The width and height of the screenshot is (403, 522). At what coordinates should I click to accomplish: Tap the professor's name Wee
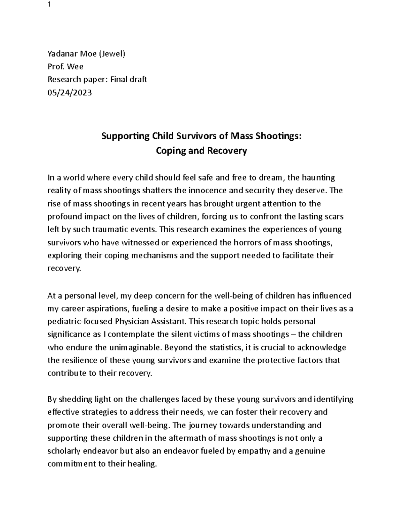75,67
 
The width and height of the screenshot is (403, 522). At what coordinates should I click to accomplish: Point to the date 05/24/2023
70,92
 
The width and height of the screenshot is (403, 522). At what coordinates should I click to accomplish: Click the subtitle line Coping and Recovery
201,151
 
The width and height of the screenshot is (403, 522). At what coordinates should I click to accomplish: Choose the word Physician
133,322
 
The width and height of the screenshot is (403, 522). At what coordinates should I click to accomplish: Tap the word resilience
79,360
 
